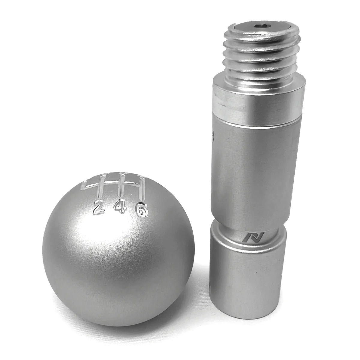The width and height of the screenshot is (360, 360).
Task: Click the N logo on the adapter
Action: [248, 237]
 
